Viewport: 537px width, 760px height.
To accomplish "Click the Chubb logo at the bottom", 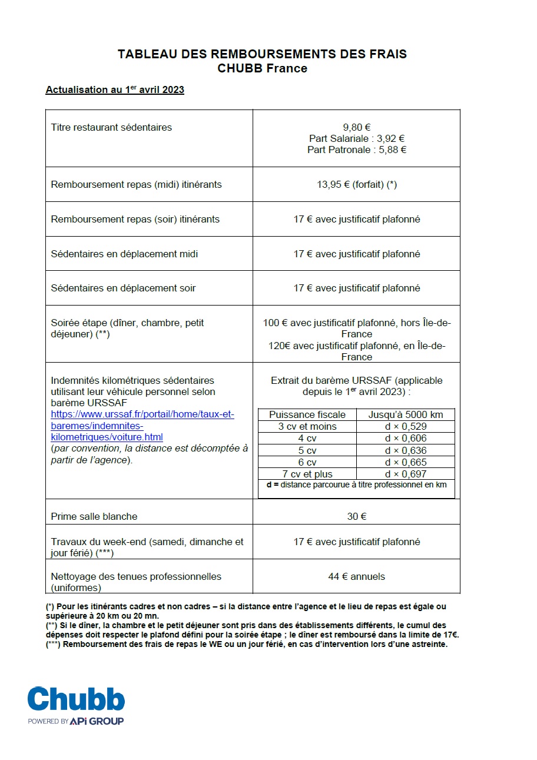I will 76,699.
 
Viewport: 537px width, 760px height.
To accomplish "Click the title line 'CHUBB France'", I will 262,68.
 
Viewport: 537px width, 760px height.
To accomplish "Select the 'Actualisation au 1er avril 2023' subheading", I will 115,90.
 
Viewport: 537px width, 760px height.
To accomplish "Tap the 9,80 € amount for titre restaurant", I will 356,127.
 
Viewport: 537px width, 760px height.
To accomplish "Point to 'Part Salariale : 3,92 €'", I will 356,138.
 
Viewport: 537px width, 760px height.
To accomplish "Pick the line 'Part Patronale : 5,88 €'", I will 356,150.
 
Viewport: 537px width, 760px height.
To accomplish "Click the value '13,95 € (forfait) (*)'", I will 356,184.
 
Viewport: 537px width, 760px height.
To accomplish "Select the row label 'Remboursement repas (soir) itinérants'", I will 135,219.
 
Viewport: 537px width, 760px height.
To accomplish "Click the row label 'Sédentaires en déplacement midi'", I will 124,254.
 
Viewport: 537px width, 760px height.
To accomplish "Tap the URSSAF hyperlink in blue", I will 141,426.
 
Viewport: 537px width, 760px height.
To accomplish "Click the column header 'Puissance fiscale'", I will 307,414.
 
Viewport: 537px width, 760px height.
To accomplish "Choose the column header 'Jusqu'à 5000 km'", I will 406,414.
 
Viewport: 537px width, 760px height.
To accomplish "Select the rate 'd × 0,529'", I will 406,426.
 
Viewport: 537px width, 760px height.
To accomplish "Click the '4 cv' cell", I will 307,438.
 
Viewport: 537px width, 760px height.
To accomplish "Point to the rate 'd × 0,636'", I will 406,450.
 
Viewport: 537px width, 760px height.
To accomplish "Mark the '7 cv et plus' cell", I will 307,474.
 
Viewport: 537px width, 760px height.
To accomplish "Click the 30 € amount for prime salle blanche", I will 356,516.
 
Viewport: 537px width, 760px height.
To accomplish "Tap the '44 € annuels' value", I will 356,576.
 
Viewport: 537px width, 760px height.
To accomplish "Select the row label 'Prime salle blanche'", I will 94,516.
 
